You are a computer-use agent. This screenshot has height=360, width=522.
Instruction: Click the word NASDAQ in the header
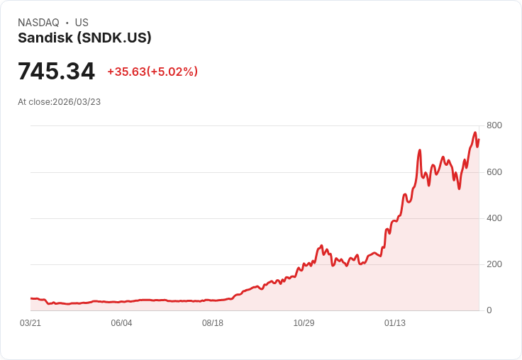pyautogui.click(x=38, y=23)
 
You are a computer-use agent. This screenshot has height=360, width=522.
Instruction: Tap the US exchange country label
pyautogui.click(x=82, y=23)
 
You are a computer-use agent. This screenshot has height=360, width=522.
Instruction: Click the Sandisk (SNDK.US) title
pyautogui.click(x=84, y=38)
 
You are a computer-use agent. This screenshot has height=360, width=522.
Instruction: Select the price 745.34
pyautogui.click(x=56, y=72)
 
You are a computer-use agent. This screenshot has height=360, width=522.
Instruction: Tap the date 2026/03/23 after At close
pyautogui.click(x=77, y=102)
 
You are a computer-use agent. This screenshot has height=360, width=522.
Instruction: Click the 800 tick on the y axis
pyautogui.click(x=494, y=125)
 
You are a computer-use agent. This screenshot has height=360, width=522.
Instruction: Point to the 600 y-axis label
pyautogui.click(x=494, y=171)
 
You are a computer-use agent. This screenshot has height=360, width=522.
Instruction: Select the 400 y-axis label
pyautogui.click(x=494, y=218)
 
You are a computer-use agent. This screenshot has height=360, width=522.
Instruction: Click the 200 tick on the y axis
pyautogui.click(x=494, y=264)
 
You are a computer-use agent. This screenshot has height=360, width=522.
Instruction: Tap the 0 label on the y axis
pyautogui.click(x=489, y=310)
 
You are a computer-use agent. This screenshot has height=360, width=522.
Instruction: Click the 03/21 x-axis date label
pyautogui.click(x=30, y=323)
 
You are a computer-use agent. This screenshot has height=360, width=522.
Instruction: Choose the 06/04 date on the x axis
pyautogui.click(x=121, y=323)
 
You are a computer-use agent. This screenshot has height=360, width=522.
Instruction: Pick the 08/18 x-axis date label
pyautogui.click(x=213, y=323)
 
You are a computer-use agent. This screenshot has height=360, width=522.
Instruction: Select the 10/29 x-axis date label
pyautogui.click(x=304, y=323)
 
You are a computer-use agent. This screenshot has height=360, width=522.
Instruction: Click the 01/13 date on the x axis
pyautogui.click(x=395, y=323)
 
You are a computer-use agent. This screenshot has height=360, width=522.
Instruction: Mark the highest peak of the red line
pyautogui.click(x=475, y=133)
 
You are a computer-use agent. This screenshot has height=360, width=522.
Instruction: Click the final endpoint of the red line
pyautogui.click(x=479, y=140)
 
